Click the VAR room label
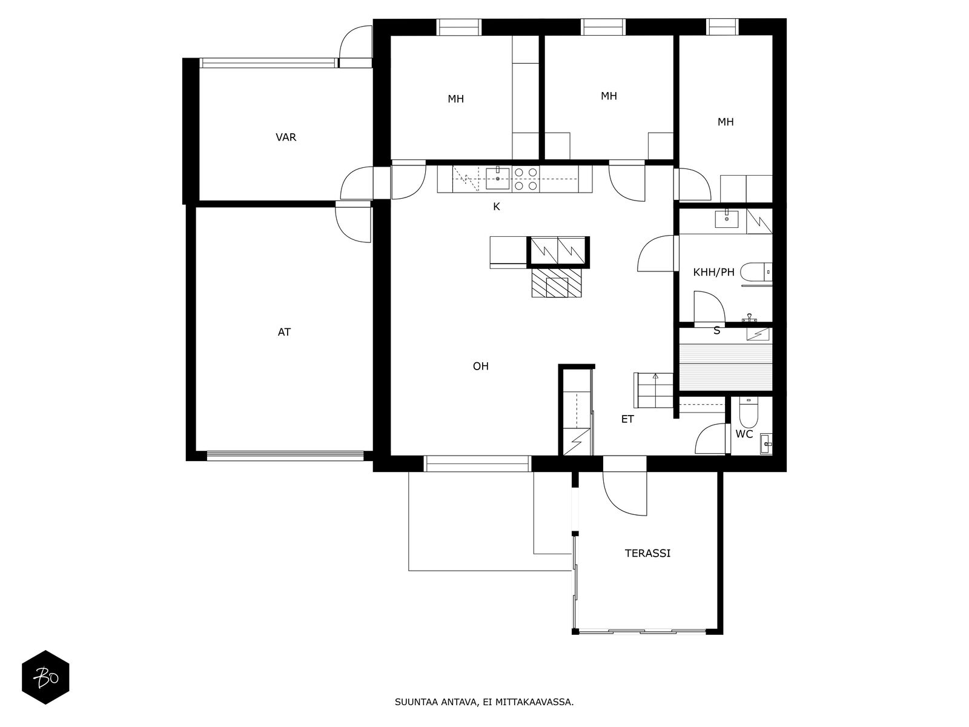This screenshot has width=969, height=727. click(286, 138)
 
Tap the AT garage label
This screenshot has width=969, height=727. click(284, 332)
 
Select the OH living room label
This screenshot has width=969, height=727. click(480, 366)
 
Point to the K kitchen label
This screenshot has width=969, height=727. click(496, 207)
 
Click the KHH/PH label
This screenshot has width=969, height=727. click(713, 273)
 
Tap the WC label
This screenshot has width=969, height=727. click(744, 434)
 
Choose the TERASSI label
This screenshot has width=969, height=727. click(647, 553)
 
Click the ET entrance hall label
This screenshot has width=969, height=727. click(627, 419)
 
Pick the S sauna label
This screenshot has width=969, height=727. click(717, 331)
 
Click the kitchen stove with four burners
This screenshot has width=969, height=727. click(526, 179)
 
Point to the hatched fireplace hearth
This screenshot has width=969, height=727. click(557, 283)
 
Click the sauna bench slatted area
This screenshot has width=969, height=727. click(725, 367)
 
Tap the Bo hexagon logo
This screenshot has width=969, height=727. click(45, 677)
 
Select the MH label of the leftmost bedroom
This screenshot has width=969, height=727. click(455, 99)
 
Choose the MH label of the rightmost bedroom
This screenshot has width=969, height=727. click(725, 122)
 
